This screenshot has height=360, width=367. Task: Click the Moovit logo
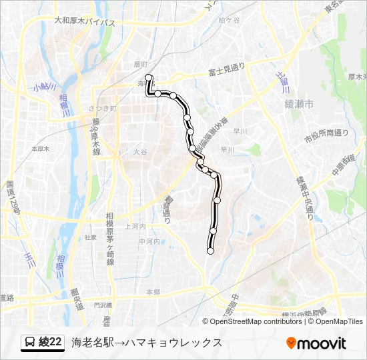(x=316, y=343)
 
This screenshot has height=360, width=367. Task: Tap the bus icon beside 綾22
(x=30, y=343)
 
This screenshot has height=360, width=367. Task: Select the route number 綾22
(x=51, y=343)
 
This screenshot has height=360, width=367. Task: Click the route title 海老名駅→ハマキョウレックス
(x=146, y=343)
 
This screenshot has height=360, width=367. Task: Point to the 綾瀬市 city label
(x=298, y=104)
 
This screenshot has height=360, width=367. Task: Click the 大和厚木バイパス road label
(x=85, y=23)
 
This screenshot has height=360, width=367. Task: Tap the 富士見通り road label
(x=227, y=69)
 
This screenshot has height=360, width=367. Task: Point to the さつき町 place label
(x=102, y=108)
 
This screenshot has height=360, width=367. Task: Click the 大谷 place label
(x=139, y=152)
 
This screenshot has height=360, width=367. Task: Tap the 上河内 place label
(x=135, y=227)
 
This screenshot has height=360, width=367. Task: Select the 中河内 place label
(x=149, y=241)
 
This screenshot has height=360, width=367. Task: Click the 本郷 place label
(x=153, y=292)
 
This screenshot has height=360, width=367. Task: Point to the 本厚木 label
(x=41, y=149)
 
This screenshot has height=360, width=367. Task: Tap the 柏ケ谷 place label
(x=229, y=21)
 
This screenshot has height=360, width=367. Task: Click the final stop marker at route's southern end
(x=211, y=251)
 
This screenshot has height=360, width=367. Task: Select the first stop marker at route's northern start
(x=148, y=77)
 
